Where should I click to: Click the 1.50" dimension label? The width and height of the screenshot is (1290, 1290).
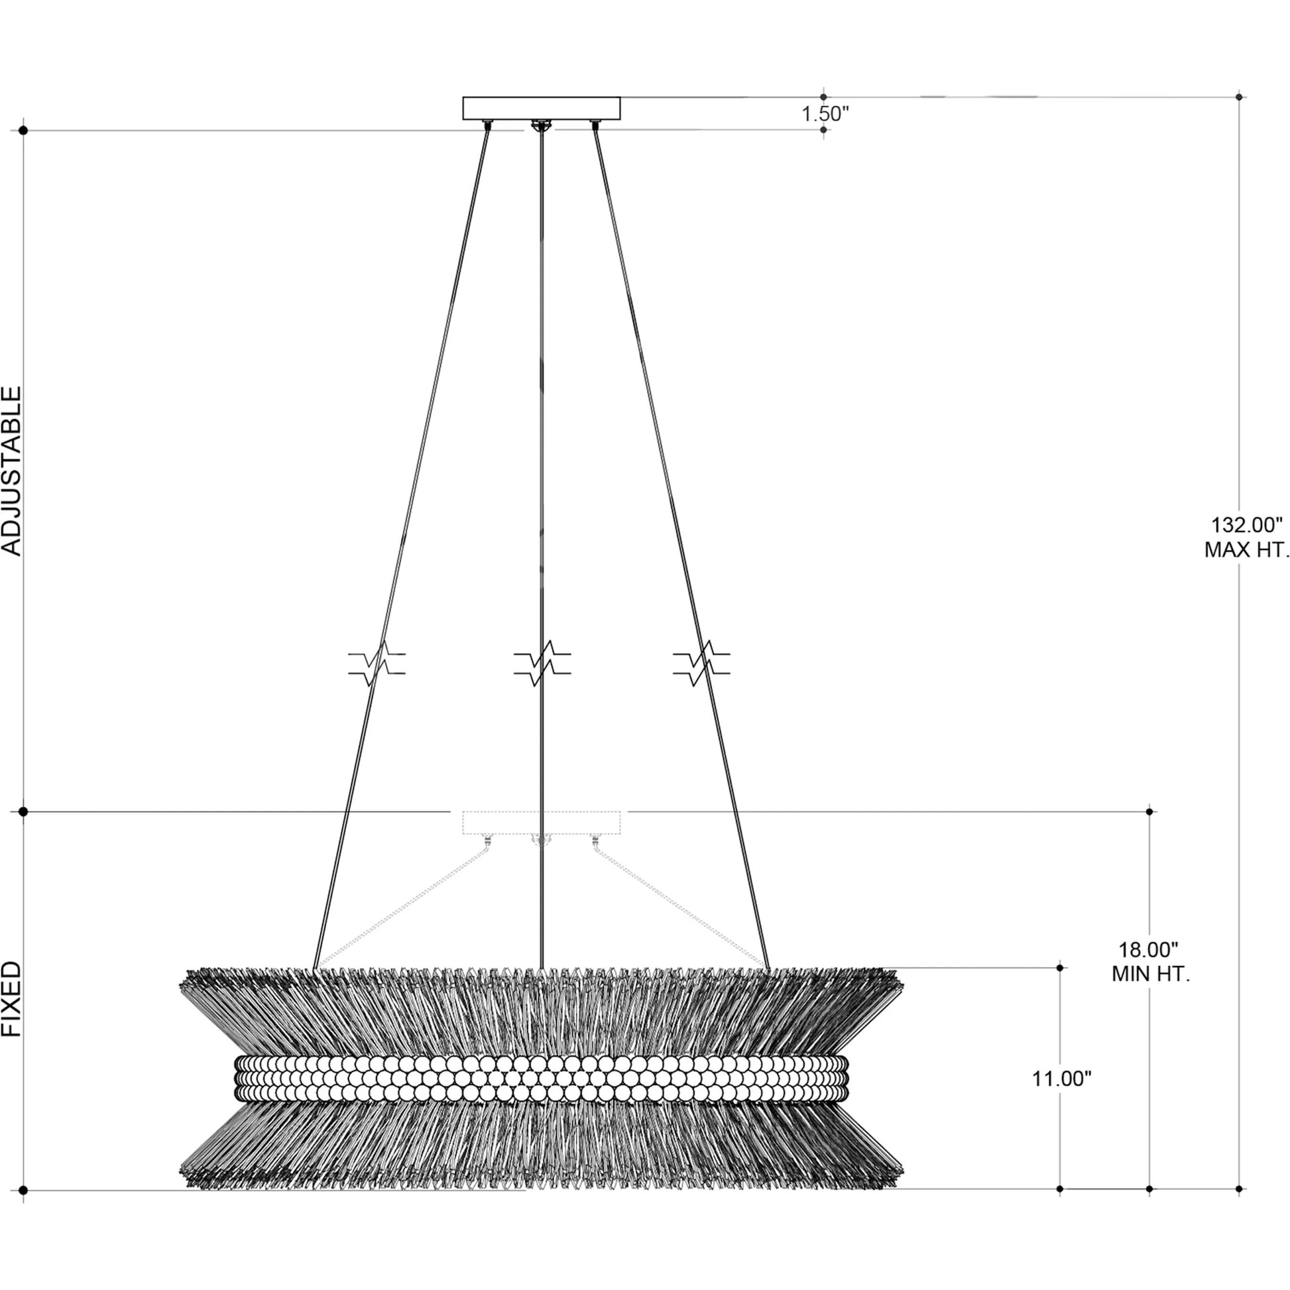[x=825, y=113]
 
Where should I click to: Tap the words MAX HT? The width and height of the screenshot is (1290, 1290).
[x=1247, y=550]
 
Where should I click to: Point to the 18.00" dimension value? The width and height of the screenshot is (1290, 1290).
[x=1147, y=949]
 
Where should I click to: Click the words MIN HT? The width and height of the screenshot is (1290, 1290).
[x=1150, y=974]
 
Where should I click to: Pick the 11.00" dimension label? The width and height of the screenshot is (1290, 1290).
[x=1062, y=1097]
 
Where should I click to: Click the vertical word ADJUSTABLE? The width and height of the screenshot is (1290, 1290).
[x=12, y=471]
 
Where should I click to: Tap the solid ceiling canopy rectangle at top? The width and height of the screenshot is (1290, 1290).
[x=542, y=108]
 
